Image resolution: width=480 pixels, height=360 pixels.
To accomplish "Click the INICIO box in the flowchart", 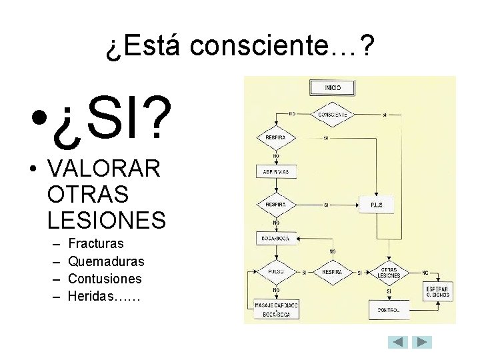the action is (x=332, y=87).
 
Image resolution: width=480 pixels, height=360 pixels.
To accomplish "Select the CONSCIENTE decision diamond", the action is (x=331, y=115).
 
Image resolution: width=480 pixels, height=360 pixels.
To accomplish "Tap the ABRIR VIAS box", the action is (x=276, y=171).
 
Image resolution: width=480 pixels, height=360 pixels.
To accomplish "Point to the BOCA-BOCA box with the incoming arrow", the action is (x=276, y=238).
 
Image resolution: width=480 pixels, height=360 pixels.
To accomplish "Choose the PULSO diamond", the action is (x=276, y=272).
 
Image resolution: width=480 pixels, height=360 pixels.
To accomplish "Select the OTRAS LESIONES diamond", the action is (x=389, y=272).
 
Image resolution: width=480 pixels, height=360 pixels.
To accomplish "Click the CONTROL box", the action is (x=389, y=310).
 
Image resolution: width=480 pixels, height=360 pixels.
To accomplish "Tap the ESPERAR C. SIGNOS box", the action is (x=437, y=291).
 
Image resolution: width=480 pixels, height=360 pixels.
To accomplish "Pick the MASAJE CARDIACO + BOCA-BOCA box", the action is (x=276, y=309).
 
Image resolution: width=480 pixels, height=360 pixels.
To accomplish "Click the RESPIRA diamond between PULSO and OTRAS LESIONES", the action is (x=331, y=272).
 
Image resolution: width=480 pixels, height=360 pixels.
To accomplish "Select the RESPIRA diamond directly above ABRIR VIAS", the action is (x=276, y=138).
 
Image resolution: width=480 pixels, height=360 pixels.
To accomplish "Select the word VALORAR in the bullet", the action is (x=104, y=169).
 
